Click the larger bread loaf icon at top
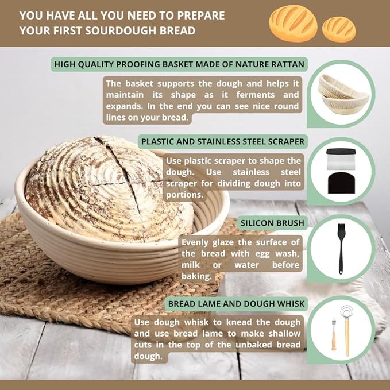pos(292,23)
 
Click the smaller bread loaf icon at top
pos(338,29)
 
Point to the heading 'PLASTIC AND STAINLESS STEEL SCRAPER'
pos(223,141)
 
